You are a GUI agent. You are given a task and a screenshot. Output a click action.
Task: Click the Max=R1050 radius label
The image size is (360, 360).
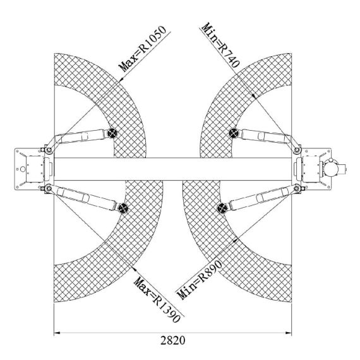point(142,49)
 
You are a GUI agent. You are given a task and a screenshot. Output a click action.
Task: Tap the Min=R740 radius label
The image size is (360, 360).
point(220,45)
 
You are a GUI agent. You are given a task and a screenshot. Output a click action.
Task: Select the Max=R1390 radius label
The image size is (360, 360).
point(157,299)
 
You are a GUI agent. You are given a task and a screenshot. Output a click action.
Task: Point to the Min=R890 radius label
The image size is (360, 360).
point(200,280)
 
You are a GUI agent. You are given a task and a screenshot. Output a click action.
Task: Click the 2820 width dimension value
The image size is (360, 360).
point(172,340)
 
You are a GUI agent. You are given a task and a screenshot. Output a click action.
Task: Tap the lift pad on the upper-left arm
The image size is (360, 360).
point(112,133)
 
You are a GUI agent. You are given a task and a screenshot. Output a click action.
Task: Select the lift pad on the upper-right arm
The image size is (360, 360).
point(234,133)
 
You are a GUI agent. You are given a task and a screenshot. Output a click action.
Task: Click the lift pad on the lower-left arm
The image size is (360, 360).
point(123,208)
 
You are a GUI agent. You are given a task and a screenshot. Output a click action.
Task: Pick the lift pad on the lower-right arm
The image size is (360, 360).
point(222,208)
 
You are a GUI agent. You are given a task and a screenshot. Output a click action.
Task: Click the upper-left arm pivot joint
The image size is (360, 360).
point(49,150)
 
